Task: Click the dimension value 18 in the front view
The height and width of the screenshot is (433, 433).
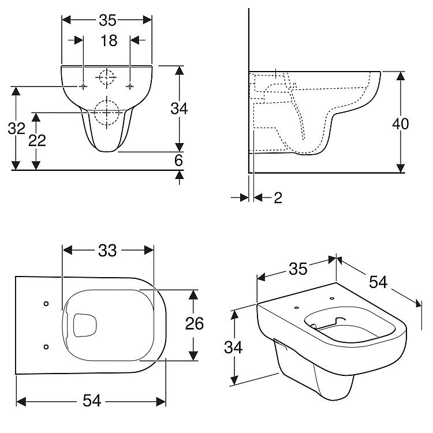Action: pos(109,40)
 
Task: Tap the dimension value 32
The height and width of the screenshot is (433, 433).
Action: pos(17,128)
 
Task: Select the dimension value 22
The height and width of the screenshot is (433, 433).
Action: pos(37,140)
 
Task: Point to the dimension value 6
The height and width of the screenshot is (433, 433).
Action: pos(178,160)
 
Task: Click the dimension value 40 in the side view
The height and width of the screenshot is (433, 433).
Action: pos(401,124)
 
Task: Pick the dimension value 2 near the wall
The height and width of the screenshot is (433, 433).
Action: pos(278,197)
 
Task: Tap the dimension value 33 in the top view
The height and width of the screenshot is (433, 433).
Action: pos(108,251)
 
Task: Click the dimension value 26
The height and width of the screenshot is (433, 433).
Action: pos(195,323)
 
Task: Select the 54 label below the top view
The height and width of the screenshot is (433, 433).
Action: pos(92,401)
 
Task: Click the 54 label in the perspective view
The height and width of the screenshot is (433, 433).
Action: pos(378,282)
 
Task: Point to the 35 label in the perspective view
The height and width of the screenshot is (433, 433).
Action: pos(298,268)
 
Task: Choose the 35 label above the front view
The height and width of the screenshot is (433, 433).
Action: pos(108,20)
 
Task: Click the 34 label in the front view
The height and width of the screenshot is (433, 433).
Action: pos(179,109)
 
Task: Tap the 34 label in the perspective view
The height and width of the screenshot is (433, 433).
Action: pos(233,348)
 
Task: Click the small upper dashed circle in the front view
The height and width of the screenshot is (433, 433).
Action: pos(107,77)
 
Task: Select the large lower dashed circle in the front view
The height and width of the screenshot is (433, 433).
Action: pos(107,113)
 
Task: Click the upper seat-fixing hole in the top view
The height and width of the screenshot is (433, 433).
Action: pos(46,304)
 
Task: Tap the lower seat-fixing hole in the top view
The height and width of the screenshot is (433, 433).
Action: pos(46,346)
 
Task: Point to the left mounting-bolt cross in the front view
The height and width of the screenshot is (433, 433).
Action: pos(83,87)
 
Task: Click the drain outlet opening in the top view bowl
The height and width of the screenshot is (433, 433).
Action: pos(85,325)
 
